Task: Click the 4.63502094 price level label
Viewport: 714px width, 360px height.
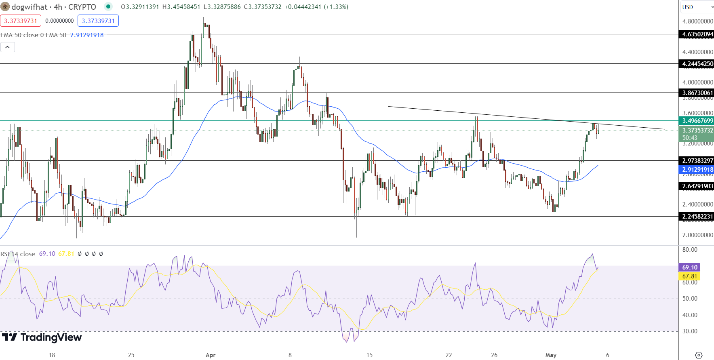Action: coord(697,34)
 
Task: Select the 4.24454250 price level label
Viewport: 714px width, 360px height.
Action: coord(697,64)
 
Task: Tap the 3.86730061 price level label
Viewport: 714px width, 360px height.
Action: coord(697,93)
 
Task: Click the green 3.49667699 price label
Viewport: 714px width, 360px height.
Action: coord(697,121)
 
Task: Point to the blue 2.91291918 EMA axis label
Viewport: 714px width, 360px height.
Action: coord(697,170)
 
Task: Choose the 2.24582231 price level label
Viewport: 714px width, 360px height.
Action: coord(697,217)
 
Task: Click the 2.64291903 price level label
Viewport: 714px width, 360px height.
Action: coord(697,186)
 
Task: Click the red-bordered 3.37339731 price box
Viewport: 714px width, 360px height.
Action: coord(21,21)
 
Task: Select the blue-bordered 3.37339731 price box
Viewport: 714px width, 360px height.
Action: coord(98,21)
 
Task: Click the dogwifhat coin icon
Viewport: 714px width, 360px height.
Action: coord(5,7)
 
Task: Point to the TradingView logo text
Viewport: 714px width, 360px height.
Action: coord(42,337)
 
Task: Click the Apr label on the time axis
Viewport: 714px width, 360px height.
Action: coord(211,355)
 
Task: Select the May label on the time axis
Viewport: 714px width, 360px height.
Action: coord(551,355)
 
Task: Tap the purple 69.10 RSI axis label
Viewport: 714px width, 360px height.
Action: coord(689,267)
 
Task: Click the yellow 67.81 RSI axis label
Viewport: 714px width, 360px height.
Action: coord(689,276)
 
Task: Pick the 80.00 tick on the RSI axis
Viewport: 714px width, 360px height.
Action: coord(690,250)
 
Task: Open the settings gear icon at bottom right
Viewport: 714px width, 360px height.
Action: coord(699,355)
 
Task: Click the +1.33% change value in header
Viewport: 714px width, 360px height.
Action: coord(336,7)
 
